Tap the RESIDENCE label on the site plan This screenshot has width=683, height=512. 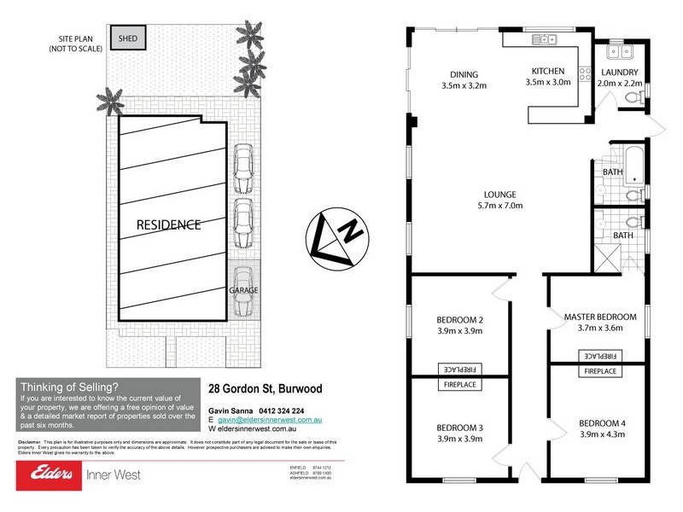[x=168, y=225]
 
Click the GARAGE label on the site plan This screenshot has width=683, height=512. [x=242, y=290]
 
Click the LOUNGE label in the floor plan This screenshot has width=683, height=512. [x=499, y=194]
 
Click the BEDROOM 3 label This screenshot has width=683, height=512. [x=460, y=428]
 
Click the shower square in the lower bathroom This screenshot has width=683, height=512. [x=609, y=256]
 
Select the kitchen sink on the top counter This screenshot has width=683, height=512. [x=544, y=38]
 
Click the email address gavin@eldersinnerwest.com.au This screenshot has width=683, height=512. [x=269, y=421]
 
